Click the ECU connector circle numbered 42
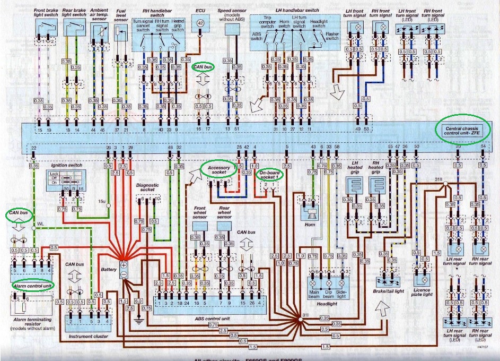pyautogui.click(x=200, y=23)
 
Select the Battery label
pyautogui.click(x=109, y=270)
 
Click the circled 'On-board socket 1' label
pyautogui.click(x=270, y=174)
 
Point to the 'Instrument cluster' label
pyautogui.click(x=87, y=336)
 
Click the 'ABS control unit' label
pyautogui.click(x=209, y=319)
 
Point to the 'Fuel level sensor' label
pyautogui.click(x=121, y=15)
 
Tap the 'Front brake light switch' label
pyautogui.click(x=47, y=13)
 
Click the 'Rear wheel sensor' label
pyautogui.click(x=224, y=213)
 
